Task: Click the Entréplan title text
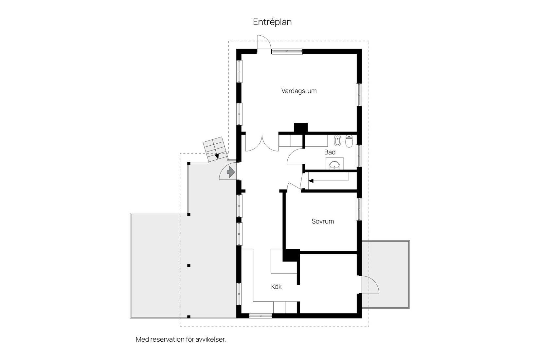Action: tap(272, 22)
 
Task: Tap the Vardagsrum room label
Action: tap(299, 91)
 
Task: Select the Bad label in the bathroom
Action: tap(330, 152)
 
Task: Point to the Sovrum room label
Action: tap(323, 222)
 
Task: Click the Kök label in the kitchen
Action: tap(276, 287)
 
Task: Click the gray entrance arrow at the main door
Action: tap(231, 172)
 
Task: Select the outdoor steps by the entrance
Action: tap(215, 150)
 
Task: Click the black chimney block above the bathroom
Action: tap(300, 128)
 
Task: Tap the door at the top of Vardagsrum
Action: tap(263, 43)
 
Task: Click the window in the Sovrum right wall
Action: tap(359, 209)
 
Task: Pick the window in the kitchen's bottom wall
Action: tap(261, 316)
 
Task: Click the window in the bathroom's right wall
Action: tap(359, 155)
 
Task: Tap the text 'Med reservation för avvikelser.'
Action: tap(181, 339)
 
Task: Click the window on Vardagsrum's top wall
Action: tap(287, 51)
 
